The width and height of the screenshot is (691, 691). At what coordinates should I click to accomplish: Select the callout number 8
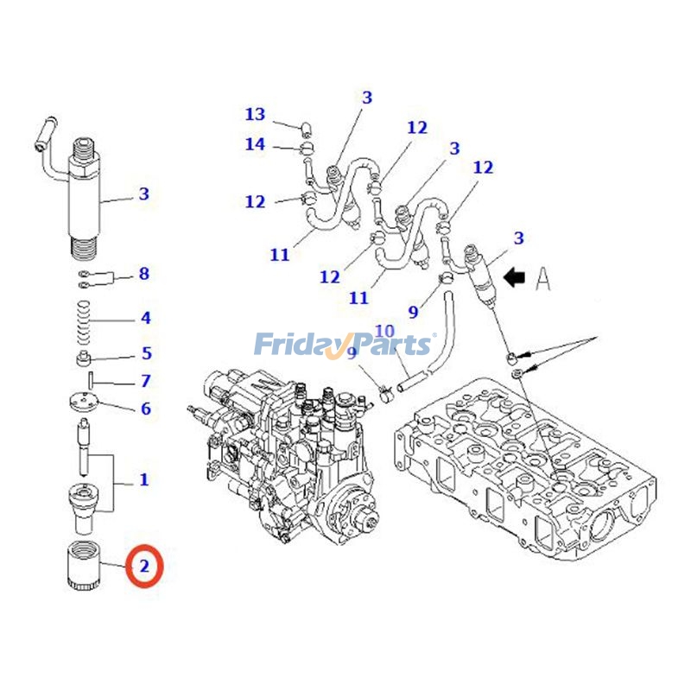point(144,274)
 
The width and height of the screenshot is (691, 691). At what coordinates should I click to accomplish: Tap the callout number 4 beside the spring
point(146,318)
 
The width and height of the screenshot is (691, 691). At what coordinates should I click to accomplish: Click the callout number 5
point(147,352)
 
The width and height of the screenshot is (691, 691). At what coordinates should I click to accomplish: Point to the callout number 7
point(146,380)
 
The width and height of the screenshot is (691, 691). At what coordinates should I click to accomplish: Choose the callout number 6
point(146,409)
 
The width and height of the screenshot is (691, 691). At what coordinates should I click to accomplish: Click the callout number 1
point(144,479)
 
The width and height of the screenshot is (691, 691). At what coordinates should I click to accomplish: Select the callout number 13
point(255,114)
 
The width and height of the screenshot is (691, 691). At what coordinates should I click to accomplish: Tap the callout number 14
point(255,144)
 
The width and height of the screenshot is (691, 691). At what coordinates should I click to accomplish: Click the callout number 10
point(384,331)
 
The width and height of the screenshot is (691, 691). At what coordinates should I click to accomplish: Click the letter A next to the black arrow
point(542,278)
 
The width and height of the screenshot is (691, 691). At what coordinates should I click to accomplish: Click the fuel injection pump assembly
point(285,449)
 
